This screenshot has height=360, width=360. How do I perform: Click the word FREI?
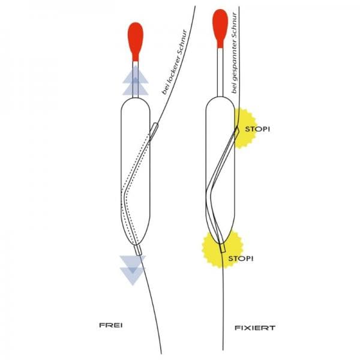click(110, 325)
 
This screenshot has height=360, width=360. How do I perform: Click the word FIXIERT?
click(255, 328)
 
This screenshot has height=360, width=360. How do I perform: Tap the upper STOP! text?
click(257, 129)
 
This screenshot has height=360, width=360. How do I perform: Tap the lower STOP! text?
click(241, 259)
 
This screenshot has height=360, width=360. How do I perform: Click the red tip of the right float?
click(220, 28)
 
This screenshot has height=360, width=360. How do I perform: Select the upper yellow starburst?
click(245, 128)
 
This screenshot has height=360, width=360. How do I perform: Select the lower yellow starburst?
click(222, 250)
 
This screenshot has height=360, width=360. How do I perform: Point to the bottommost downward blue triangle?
click(133, 276)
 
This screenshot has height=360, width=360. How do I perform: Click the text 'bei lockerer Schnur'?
click(175, 62)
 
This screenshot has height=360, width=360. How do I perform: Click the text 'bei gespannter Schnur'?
click(234, 53)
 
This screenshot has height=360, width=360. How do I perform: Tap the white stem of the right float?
click(220, 73)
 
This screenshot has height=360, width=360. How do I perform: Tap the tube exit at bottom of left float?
click(138, 250)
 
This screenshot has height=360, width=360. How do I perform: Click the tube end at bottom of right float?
click(223, 248)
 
